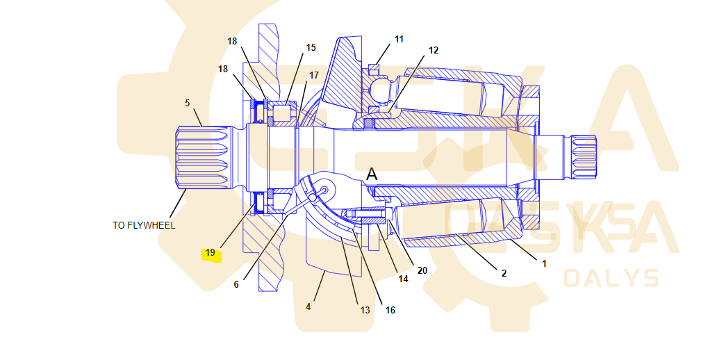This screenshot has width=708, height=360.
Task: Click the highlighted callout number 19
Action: (211, 253)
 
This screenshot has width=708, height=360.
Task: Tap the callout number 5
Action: (187, 103)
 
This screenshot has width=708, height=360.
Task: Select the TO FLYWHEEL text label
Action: (144, 225)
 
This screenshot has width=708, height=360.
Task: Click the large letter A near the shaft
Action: (372, 174)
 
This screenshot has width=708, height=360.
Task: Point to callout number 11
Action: (399, 40)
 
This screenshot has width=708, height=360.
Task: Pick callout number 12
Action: (434, 50)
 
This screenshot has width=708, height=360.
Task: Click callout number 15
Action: (311, 48)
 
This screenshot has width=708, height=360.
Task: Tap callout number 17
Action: (314, 75)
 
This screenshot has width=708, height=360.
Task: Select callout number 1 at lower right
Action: (544, 263)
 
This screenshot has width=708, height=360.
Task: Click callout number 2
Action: (504, 273)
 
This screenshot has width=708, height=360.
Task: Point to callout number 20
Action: (422, 270)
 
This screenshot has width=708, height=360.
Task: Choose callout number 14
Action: (403, 279)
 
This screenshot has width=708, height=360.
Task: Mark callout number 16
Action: (390, 310)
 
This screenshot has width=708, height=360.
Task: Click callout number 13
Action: (365, 310)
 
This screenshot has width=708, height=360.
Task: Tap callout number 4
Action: (308, 306)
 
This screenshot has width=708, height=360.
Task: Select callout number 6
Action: (236, 284)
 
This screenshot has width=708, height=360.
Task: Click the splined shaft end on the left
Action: (201, 158)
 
